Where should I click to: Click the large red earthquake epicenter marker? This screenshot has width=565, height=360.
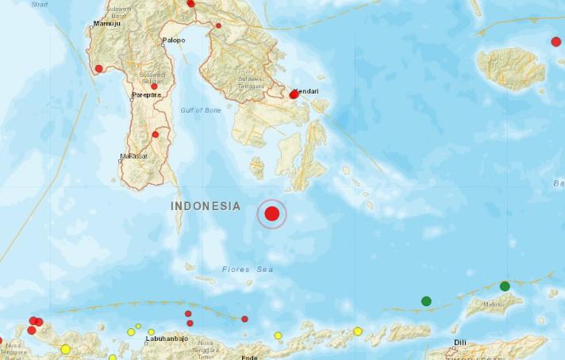(271, 213)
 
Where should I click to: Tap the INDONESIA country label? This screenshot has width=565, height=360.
(206, 206)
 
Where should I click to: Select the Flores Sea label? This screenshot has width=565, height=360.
(248, 270)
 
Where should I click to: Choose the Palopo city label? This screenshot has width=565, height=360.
(173, 40)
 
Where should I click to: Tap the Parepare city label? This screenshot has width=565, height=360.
(146, 95)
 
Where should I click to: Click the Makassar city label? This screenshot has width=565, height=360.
(133, 156)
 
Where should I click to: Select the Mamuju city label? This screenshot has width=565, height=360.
(106, 24)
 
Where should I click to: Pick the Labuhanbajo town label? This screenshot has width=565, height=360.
(166, 339)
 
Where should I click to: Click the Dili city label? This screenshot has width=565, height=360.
(459, 343)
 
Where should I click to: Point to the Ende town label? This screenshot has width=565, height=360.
(248, 358)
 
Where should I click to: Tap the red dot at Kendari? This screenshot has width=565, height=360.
(294, 95)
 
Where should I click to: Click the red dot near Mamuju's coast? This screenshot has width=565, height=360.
(98, 69)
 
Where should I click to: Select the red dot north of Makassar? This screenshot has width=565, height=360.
(156, 135)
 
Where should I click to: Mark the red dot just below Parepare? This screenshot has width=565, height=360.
(154, 86)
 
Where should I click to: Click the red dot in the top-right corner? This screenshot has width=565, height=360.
(555, 41)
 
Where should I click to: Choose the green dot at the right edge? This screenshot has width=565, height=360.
(505, 286)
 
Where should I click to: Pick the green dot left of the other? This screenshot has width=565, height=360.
(426, 301)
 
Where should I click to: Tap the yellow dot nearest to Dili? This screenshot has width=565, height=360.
(358, 331)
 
